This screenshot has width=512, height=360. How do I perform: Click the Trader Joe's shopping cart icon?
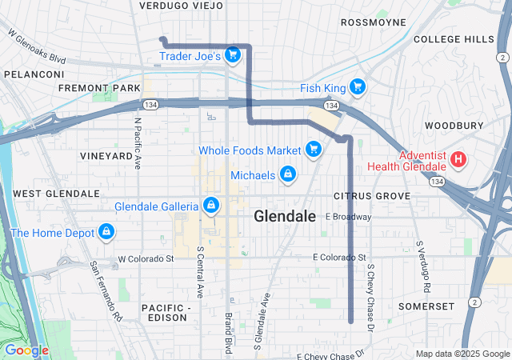click(x=232, y=54)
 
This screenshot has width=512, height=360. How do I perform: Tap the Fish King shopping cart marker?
click(x=357, y=86)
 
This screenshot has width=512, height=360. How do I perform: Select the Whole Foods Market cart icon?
click(x=314, y=150)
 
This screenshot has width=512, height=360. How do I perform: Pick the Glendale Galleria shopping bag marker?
click(x=210, y=206)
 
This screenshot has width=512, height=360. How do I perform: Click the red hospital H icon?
click(x=458, y=159)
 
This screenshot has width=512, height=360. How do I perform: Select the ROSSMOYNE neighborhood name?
click(x=374, y=22)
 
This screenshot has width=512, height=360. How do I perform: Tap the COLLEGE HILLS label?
click(x=454, y=39)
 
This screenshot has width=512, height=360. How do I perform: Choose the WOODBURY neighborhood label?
click(x=454, y=126)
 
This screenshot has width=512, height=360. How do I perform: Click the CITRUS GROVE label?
click(x=372, y=196)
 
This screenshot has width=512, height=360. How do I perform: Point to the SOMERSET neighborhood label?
click(x=426, y=306)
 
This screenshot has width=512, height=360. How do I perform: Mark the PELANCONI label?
click(x=34, y=74)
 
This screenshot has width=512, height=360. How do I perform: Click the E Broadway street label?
click(x=348, y=217)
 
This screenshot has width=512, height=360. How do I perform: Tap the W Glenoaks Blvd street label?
click(x=37, y=47)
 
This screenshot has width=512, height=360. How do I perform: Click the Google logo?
click(x=26, y=350)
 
